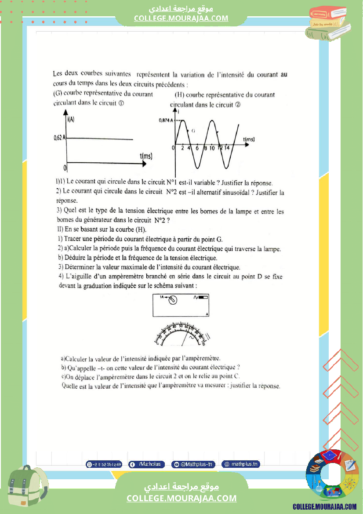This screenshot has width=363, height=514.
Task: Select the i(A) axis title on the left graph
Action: tap(71, 120)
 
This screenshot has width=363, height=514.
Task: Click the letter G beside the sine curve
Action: tap(193, 131)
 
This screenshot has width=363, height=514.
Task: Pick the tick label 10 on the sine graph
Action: tap(212, 148)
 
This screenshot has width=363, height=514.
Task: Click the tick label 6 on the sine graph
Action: tap(197, 148)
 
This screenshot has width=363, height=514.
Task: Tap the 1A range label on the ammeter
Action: tap(162, 298)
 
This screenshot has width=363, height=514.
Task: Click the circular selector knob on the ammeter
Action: tap(173, 300)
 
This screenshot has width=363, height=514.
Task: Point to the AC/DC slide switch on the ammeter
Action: tap(203, 298)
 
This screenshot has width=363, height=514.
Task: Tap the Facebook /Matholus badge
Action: tap(146, 464)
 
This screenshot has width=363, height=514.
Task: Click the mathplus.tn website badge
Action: tap(240, 464)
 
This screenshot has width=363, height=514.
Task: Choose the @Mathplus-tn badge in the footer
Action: tap(193, 464)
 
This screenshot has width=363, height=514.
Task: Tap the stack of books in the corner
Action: tap(329, 22)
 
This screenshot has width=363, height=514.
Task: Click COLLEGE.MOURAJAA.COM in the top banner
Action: tap(181, 18)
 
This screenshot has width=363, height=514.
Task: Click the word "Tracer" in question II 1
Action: tap(73, 239)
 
